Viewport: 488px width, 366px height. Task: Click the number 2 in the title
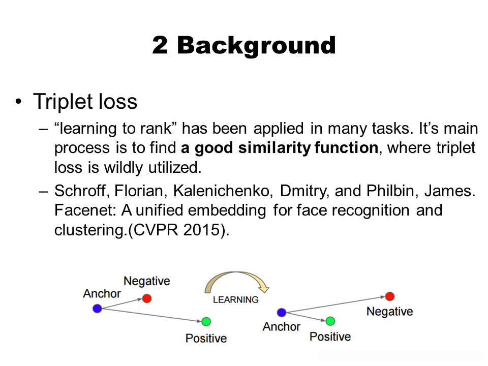160,45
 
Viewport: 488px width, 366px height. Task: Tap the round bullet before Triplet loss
19,102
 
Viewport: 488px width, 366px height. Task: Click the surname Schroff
80,191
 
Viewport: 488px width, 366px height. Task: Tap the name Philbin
391,191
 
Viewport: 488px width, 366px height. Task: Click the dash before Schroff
44,191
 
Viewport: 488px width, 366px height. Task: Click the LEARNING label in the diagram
235,300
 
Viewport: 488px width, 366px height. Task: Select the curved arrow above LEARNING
235,273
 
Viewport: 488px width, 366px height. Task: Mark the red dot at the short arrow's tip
147,299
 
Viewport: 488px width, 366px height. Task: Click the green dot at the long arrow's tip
206,321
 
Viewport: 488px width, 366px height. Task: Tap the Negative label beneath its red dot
390,311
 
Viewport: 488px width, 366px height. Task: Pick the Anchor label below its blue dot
281,326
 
